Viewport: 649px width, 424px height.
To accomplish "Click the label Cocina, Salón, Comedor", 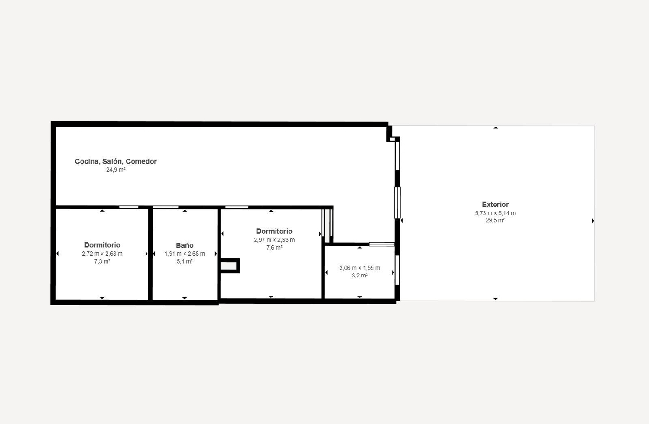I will point(116,161).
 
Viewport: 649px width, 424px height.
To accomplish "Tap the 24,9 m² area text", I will point(116,170).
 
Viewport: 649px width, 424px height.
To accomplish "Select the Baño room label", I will point(185,245).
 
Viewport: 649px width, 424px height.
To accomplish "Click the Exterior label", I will point(495,204).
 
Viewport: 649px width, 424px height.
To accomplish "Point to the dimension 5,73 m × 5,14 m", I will point(495,213).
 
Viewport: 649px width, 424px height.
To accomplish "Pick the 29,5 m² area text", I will point(495,221).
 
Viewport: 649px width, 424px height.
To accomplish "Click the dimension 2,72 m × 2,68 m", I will point(102,254).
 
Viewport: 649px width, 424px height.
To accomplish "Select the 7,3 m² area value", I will point(102,261).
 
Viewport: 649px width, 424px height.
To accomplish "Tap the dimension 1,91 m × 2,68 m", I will point(185,254).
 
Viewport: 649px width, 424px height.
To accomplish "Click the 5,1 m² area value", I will point(185,261).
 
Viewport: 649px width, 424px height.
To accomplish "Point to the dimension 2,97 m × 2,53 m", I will point(274,240).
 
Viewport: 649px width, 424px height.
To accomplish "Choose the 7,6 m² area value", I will point(274,247).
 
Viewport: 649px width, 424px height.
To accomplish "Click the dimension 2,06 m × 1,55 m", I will point(360,268).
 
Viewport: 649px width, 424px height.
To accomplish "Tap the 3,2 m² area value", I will point(360,276).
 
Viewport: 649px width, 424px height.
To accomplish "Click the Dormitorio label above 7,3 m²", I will point(102,245).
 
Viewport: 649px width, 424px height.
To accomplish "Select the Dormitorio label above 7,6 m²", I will point(274,231).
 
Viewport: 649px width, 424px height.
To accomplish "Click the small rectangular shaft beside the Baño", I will point(229,266).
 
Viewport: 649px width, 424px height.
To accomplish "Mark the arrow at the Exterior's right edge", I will point(592,221).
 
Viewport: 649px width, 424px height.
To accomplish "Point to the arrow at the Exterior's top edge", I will point(495,128).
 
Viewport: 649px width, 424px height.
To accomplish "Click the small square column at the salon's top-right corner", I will point(392,139).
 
